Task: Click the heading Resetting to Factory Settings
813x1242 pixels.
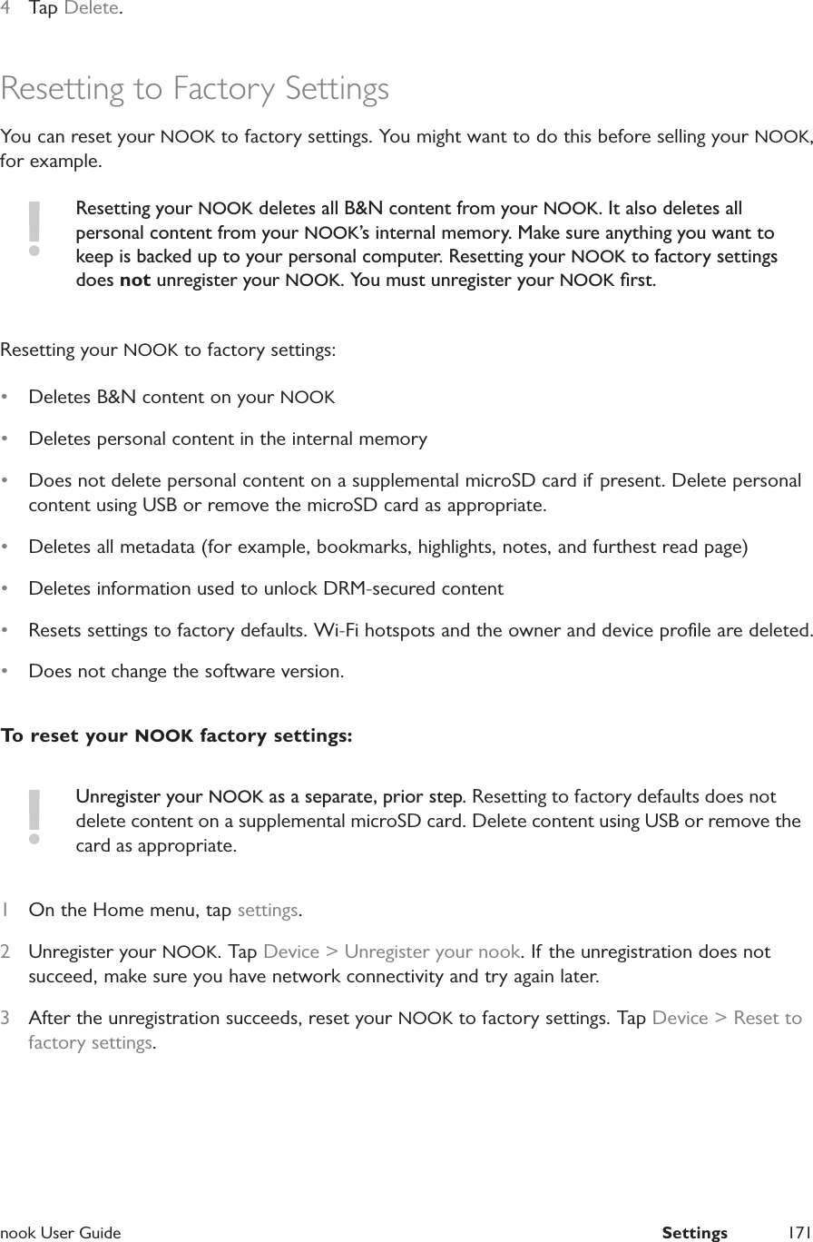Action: (x=195, y=89)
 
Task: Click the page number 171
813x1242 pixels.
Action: (x=798, y=1232)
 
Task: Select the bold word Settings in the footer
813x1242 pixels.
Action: (x=694, y=1232)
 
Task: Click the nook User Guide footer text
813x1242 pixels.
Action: (x=61, y=1232)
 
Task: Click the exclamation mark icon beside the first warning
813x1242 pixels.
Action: (x=34, y=228)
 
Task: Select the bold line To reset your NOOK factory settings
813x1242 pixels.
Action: (x=177, y=735)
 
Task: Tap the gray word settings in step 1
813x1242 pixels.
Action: (x=269, y=910)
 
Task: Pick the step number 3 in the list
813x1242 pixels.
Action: (x=5, y=1018)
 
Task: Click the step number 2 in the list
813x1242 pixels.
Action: (x=5, y=952)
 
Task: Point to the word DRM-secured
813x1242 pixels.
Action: (x=380, y=588)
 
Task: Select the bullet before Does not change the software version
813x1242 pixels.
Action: (x=6, y=672)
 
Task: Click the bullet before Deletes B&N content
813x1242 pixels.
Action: (x=6, y=398)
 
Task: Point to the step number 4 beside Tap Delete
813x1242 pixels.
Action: (x=5, y=9)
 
